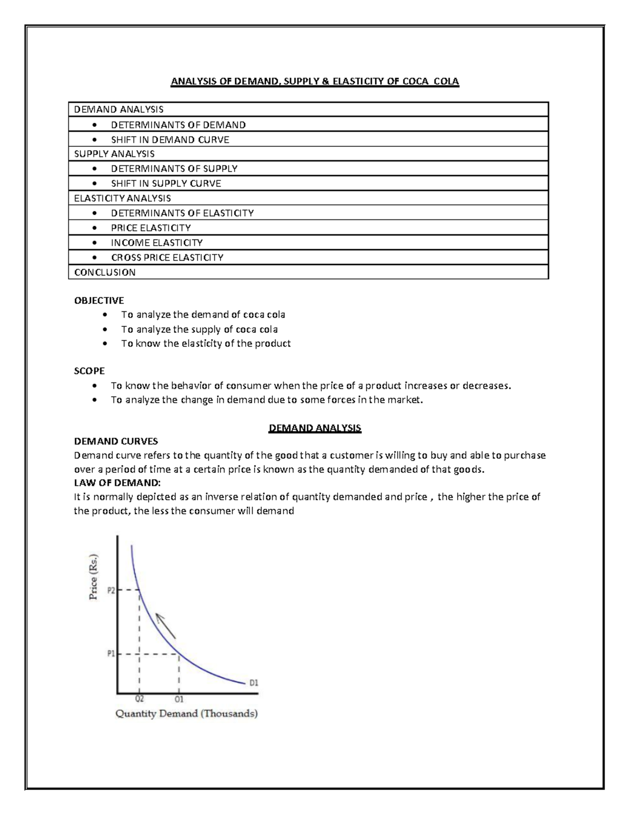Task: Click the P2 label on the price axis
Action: (111, 590)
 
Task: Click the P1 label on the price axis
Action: (111, 654)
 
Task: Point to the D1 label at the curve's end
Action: (254, 683)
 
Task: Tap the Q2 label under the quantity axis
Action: (140, 699)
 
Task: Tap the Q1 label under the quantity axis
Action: (179, 699)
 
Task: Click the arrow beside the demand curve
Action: (166, 626)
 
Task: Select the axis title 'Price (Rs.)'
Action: (93, 577)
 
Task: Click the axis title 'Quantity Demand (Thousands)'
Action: (186, 714)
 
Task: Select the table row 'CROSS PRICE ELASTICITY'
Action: (167, 258)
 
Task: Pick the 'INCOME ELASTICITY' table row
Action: (156, 243)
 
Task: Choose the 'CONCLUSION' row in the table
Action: (105, 272)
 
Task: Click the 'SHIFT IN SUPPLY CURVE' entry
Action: (166, 184)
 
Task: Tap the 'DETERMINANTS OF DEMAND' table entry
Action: (178, 125)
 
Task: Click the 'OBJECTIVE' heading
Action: (99, 301)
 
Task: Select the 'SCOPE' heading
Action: (89, 371)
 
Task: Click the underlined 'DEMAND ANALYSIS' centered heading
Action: (315, 428)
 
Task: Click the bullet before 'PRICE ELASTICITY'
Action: (94, 228)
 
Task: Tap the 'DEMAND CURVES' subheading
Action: (116, 441)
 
